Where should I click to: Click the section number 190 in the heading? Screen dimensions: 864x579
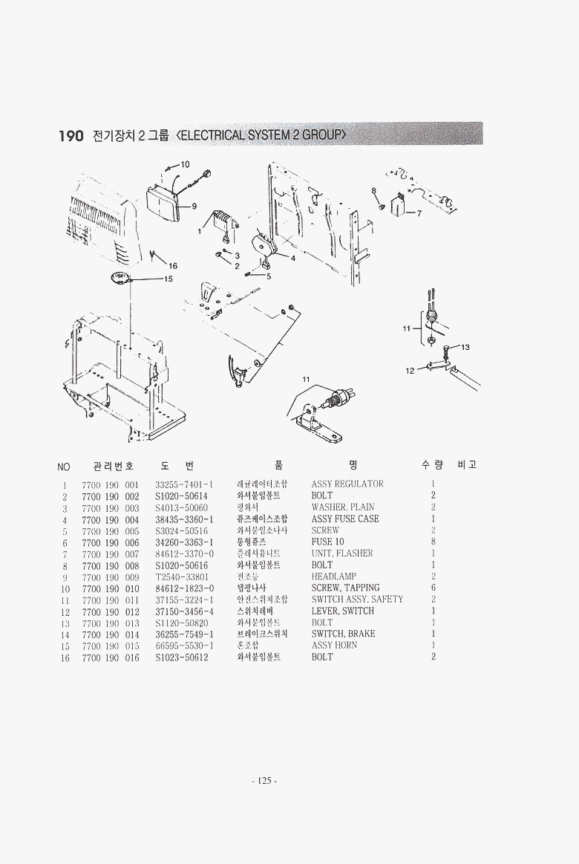tap(71, 136)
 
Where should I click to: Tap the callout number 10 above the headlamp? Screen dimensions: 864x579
tap(186, 163)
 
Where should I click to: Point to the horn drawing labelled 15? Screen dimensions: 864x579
tap(120, 279)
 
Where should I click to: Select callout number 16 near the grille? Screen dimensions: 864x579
tap(173, 265)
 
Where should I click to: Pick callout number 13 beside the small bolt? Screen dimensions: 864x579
tap(465, 347)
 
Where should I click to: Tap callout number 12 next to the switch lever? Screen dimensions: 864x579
tap(410, 370)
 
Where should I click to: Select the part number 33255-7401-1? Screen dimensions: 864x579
tap(184, 484)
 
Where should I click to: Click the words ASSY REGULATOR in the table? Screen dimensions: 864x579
tap(347, 484)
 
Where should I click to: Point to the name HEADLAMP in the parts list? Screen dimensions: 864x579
tap(334, 576)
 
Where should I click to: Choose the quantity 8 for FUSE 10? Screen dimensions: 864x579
tap(433, 542)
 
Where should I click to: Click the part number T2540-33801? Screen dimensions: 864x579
tap(182, 576)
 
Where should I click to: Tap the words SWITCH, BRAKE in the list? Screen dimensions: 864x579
tap(343, 634)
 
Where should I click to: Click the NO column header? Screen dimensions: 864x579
tap(64, 467)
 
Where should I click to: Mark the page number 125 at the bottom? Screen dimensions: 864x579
tap(264, 781)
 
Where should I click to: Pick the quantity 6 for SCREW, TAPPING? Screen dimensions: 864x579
tap(433, 588)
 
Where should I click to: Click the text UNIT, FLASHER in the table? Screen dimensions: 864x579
tap(342, 553)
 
